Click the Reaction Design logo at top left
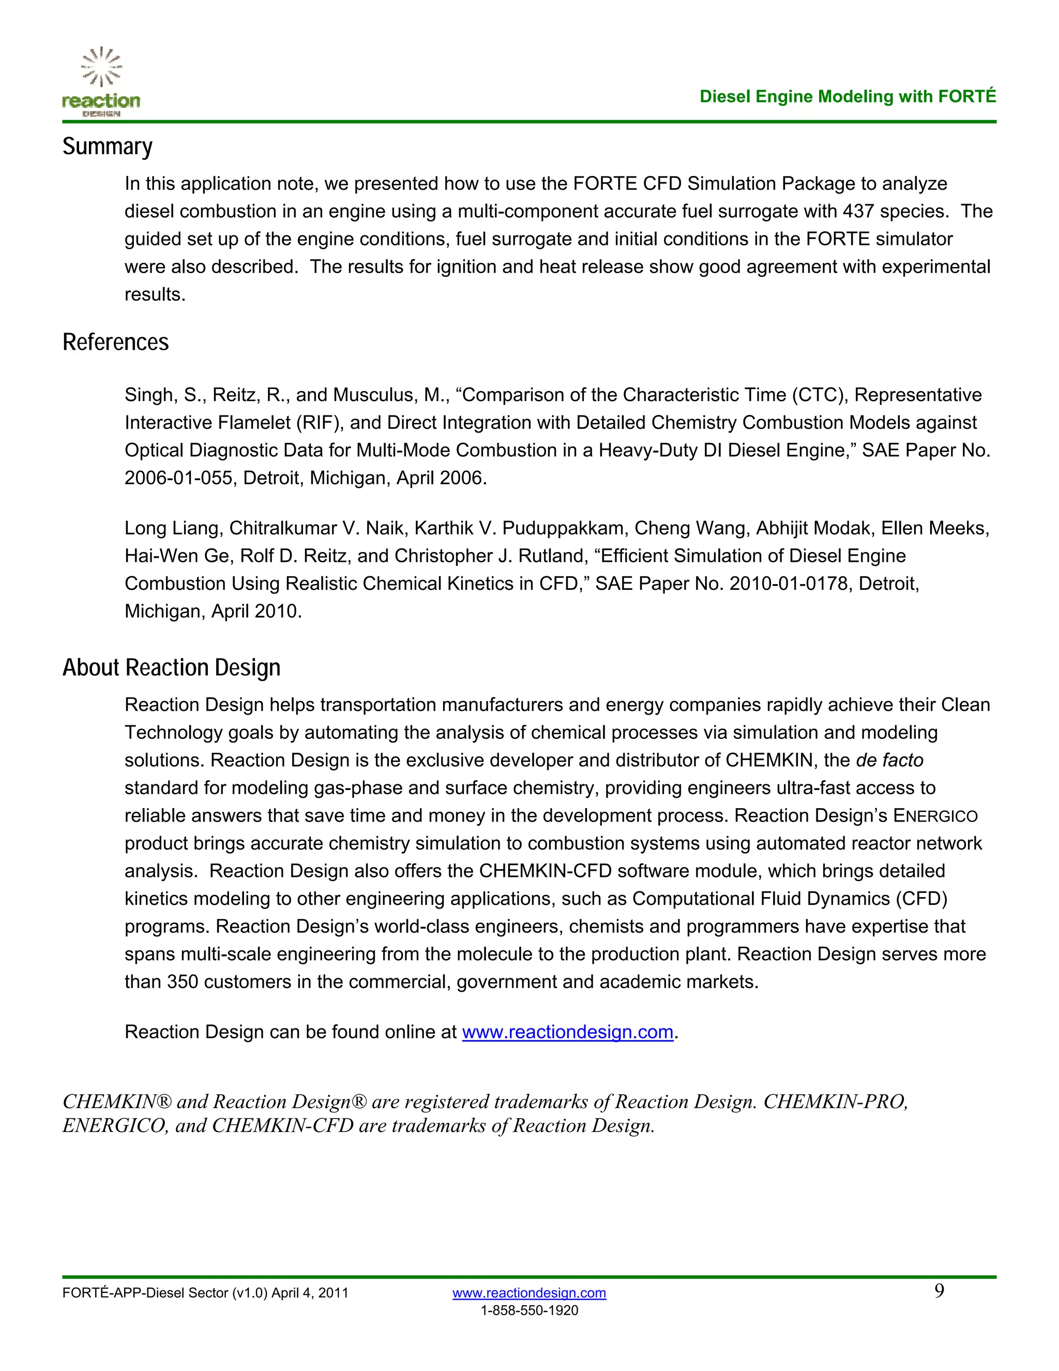click(101, 82)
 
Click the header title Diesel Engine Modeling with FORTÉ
click(847, 97)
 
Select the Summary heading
click(107, 147)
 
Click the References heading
click(115, 342)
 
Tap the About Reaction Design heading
click(171, 668)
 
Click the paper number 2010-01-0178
click(788, 584)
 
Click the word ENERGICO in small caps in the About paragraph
click(935, 816)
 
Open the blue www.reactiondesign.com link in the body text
click(567, 1033)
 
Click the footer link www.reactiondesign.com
click(529, 1293)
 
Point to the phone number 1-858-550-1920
click(529, 1311)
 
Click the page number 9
click(939, 1291)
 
